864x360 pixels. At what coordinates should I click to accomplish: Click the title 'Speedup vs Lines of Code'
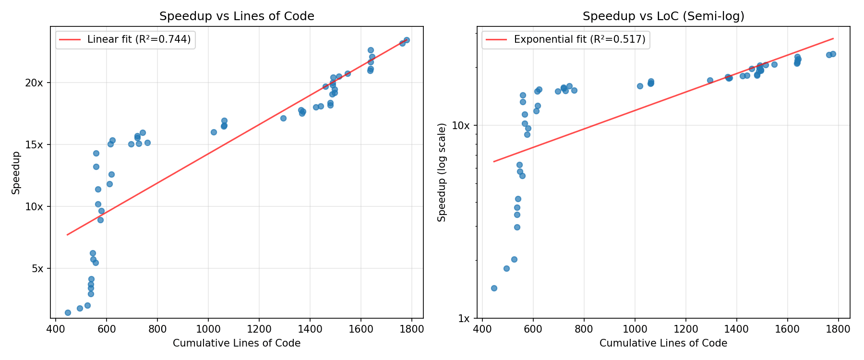237,16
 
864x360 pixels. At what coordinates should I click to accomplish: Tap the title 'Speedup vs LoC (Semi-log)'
663,16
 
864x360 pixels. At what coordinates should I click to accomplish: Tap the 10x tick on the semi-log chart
461,125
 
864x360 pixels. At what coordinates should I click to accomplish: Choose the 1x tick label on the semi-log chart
464,318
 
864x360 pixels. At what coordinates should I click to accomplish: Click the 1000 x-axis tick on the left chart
208,329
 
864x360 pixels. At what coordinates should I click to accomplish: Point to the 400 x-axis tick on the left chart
55,329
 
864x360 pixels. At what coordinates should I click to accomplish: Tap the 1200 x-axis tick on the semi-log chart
685,329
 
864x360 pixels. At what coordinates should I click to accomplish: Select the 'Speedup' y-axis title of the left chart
16,173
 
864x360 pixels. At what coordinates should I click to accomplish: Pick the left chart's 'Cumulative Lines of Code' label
237,343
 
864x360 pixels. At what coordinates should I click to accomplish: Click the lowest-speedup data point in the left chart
68,312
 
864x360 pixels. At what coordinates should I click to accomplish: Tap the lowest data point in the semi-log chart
494,288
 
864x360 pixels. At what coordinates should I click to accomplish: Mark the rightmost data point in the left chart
407,40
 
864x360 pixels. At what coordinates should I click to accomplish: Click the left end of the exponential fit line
494,161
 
